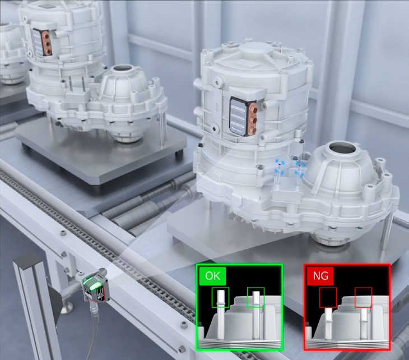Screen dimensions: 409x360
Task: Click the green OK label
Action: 212,276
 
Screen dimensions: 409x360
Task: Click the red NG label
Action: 320,276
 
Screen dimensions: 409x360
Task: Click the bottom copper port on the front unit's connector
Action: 253,130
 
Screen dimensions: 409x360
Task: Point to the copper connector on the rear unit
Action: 47,43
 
